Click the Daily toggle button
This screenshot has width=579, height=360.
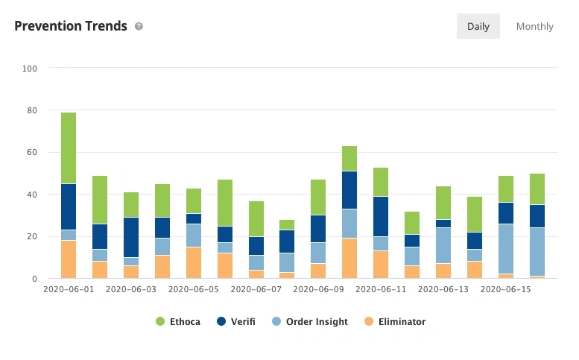click(x=478, y=26)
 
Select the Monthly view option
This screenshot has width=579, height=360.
click(x=534, y=26)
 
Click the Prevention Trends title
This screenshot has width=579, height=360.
click(x=71, y=26)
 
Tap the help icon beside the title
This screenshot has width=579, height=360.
click(x=139, y=26)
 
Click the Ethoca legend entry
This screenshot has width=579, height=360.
click(x=178, y=321)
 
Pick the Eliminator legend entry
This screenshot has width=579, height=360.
click(x=394, y=321)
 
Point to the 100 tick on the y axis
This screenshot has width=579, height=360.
click(x=31, y=69)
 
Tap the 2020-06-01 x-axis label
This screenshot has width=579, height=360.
click(x=69, y=288)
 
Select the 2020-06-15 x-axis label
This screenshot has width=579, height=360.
click(x=506, y=288)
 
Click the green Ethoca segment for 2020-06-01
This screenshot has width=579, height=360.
click(x=69, y=148)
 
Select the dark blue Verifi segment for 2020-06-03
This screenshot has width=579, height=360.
click(x=131, y=237)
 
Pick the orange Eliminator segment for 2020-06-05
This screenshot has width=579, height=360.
click(x=194, y=262)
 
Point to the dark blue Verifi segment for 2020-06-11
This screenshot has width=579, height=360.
click(x=381, y=216)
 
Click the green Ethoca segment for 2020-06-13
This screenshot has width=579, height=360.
click(x=443, y=203)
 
